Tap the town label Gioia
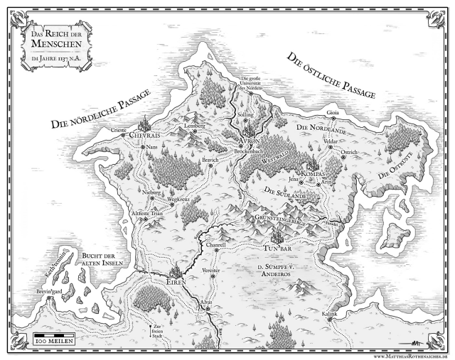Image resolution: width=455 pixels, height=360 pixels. coord(332,112)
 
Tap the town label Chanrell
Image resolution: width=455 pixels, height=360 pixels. coord(215,244)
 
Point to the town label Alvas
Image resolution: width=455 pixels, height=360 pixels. coord(207,303)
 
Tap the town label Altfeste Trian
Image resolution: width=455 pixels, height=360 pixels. coord(147,213)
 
